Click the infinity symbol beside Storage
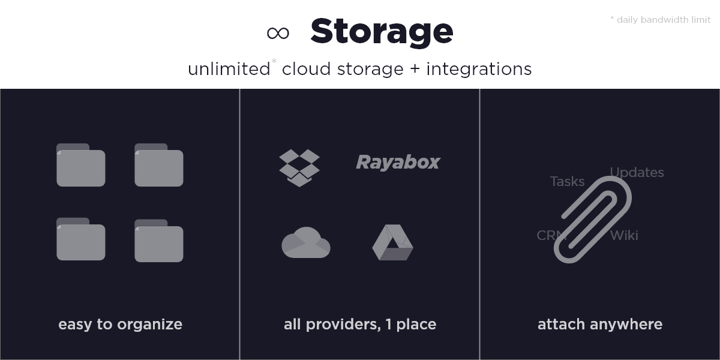[278, 33]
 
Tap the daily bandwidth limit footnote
[661, 20]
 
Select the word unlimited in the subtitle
[229, 69]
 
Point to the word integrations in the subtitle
[479, 69]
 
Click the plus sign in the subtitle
[415, 69]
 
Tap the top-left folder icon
[80, 165]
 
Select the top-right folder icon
[159, 165]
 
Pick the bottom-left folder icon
[80, 239]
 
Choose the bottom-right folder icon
[159, 241]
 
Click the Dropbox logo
[299, 168]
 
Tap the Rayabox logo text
[398, 162]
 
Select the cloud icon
[305, 242]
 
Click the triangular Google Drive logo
[392, 242]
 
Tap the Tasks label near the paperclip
[568, 182]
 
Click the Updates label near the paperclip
[637, 173]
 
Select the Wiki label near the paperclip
[624, 236]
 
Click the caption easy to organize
[120, 325]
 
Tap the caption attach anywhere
[600, 325]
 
